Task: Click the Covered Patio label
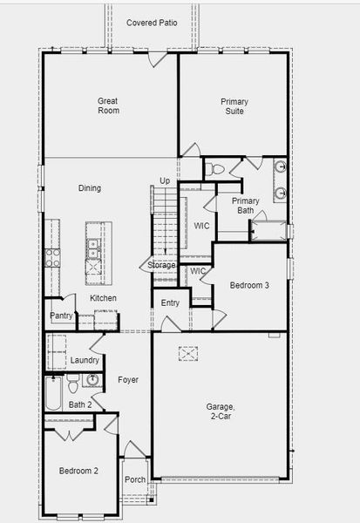152,23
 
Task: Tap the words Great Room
108,105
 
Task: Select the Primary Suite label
233,106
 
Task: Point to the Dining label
90,188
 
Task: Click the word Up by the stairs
165,181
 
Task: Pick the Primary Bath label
246,206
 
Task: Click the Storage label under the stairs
161,265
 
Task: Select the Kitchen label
104,298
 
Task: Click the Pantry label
61,316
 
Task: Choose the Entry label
170,303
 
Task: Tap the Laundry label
85,360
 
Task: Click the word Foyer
128,380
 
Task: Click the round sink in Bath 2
92,380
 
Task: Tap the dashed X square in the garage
188,353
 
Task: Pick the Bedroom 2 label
78,472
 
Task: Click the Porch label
135,479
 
